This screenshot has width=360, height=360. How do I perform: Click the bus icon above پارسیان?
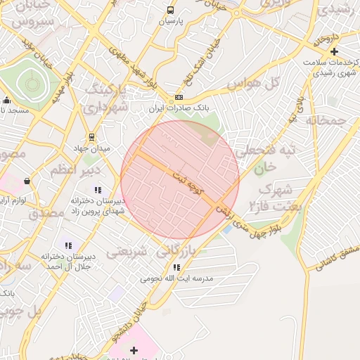point(170,11)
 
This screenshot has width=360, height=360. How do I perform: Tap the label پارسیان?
point(170,21)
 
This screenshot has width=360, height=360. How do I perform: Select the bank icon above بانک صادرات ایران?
point(179,98)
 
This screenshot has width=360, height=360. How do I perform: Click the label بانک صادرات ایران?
point(179,109)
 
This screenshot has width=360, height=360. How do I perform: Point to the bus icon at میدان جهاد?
point(91,137)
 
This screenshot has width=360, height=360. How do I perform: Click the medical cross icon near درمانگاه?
point(334,51)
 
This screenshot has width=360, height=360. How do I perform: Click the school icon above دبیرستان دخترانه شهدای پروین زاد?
point(98,190)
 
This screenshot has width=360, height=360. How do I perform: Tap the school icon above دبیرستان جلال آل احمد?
point(68,245)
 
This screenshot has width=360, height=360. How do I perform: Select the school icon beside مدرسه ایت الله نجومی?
point(176,267)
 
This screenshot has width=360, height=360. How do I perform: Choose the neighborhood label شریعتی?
point(127,250)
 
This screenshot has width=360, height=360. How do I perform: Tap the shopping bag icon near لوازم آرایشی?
point(27,181)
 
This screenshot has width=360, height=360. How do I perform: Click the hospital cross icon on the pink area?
point(134,349)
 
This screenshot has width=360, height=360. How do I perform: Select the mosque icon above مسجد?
point(6,100)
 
